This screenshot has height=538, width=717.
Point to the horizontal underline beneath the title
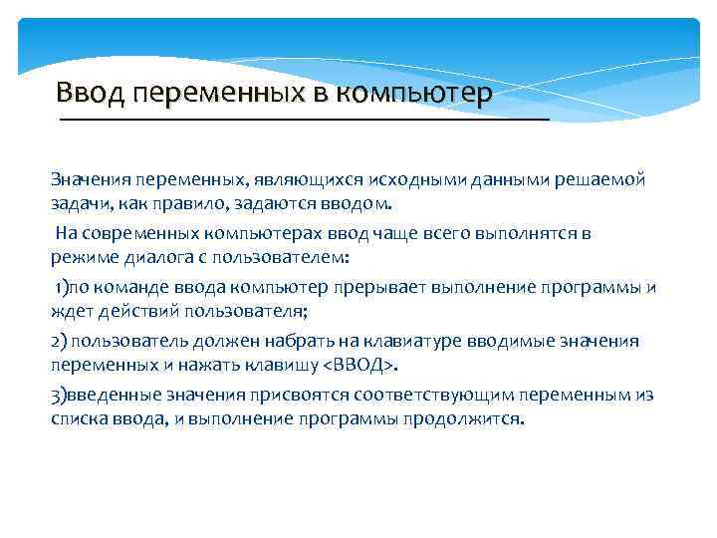pos(304,119)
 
